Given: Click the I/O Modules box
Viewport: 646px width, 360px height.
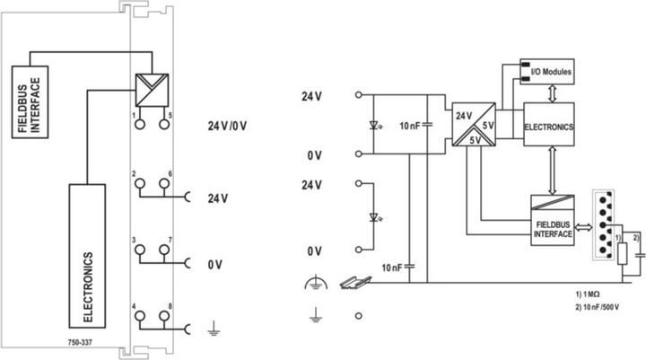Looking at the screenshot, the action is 546,71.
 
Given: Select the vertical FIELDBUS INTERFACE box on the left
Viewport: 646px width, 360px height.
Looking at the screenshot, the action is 30,101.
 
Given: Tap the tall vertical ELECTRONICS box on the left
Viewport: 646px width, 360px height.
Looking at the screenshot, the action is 87,256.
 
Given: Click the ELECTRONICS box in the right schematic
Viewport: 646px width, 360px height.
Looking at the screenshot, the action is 549,124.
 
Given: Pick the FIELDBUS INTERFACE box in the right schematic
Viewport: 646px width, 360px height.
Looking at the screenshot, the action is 552,220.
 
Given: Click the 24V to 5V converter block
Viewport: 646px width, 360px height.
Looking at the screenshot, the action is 474,124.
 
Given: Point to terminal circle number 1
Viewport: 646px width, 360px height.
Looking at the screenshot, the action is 140,124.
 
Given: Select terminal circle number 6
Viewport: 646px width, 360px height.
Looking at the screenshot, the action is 164,182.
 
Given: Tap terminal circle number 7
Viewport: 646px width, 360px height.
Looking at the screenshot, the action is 164,249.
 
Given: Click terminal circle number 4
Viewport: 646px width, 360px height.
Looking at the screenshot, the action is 140,316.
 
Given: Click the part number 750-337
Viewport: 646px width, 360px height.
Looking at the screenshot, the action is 80,342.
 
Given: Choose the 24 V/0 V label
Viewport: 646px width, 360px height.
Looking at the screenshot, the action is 227,126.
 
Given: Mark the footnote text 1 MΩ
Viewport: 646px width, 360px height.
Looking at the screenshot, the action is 588,294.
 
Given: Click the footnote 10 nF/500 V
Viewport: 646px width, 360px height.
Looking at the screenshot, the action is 598,307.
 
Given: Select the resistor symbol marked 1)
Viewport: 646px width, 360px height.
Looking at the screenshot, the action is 623,253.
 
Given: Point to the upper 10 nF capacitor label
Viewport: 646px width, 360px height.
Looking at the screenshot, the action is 409,126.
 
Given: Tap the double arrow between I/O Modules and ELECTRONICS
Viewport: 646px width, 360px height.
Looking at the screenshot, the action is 553,93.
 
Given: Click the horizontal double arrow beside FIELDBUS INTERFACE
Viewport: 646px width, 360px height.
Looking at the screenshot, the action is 583,227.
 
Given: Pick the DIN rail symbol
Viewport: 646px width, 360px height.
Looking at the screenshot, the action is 355,283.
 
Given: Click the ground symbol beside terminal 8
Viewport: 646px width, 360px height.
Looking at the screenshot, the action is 214,329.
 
